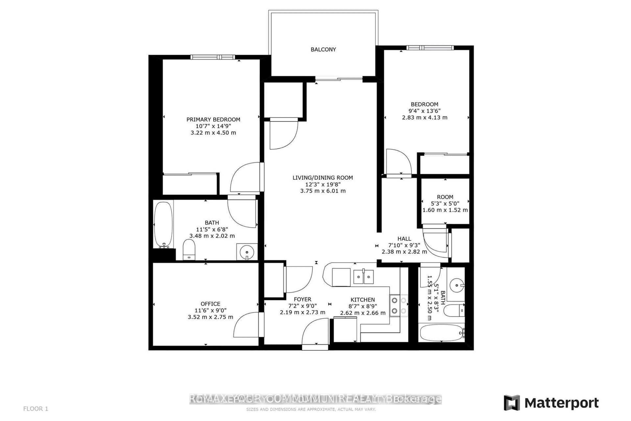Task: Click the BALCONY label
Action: point(323,49)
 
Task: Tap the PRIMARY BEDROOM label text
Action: point(213,120)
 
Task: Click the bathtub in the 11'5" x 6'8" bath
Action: point(163,224)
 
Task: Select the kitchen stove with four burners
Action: point(398,306)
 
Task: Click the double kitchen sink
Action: point(363,277)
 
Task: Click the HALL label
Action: point(404,239)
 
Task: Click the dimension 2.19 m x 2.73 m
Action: point(302,312)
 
